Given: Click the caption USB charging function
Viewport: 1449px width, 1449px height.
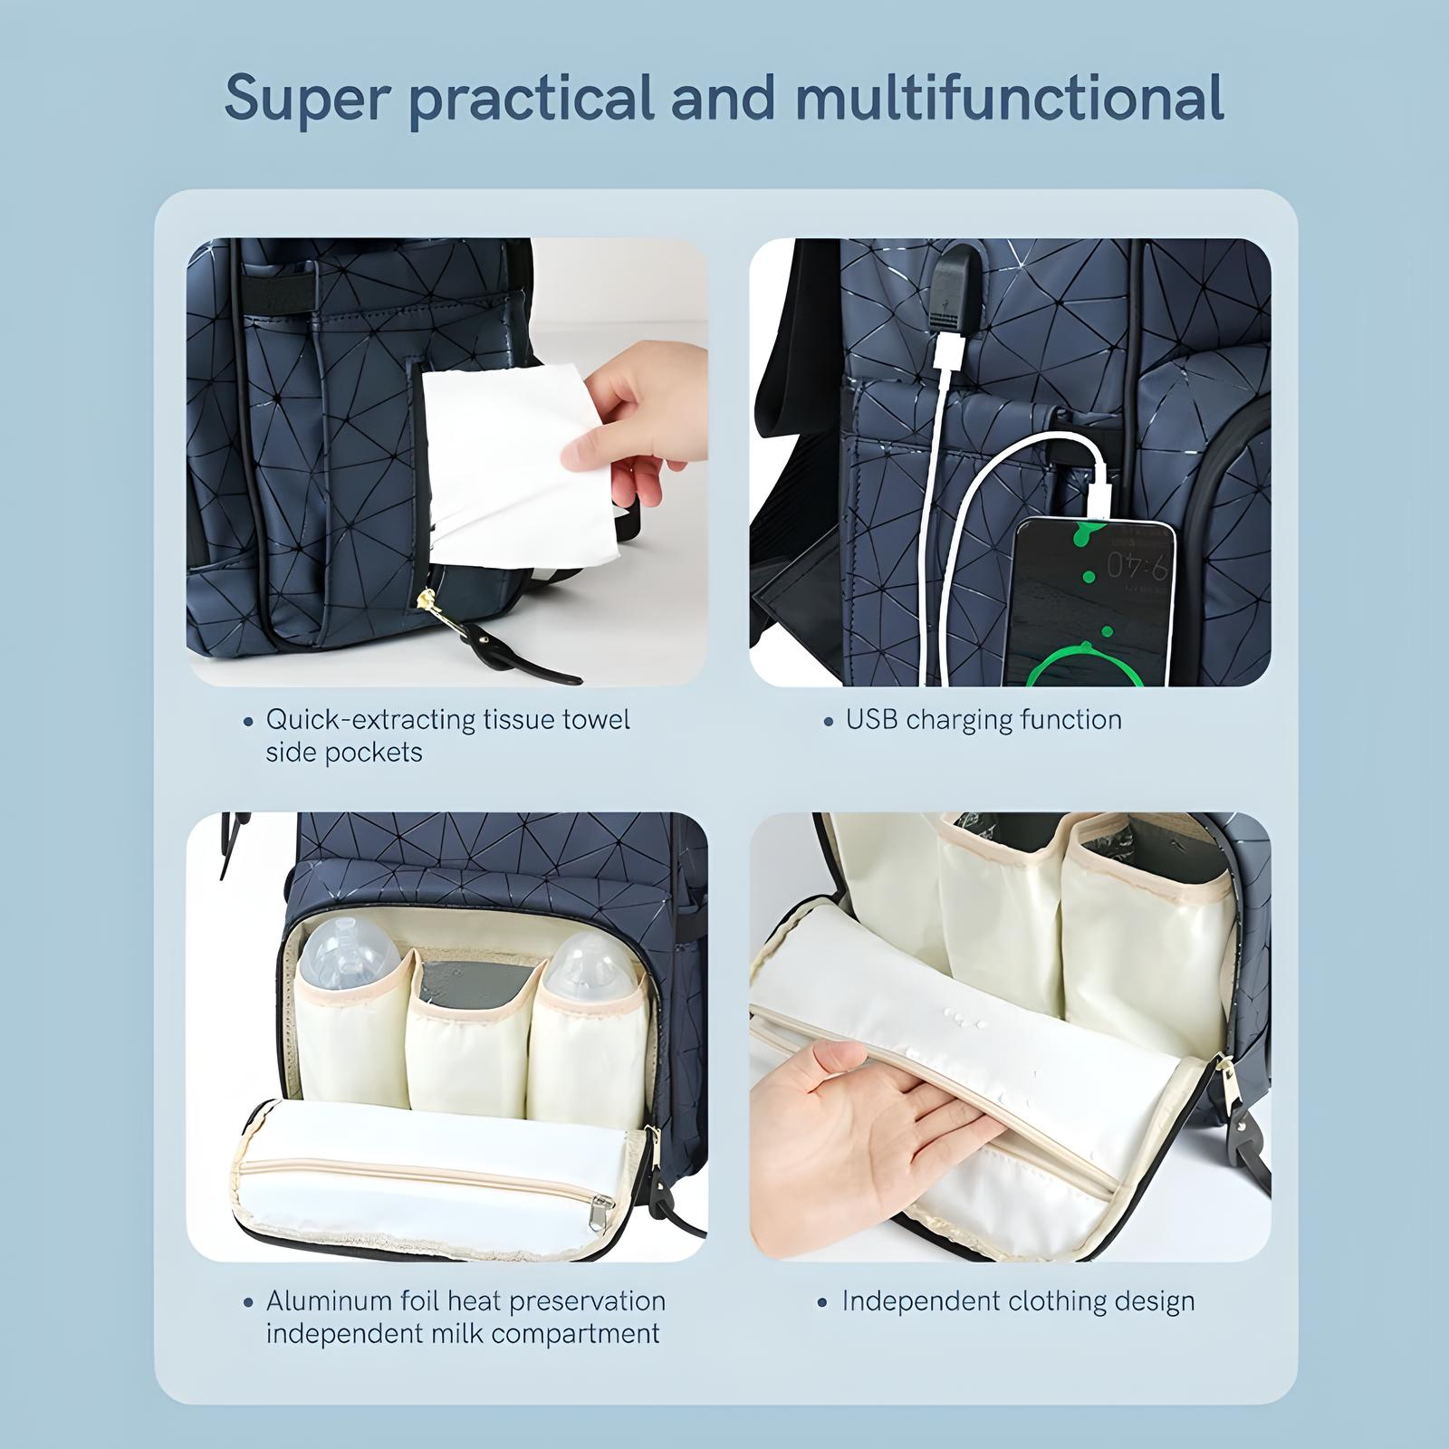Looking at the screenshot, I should point(984,720).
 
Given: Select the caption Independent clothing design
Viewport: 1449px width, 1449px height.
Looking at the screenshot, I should point(1018,1301).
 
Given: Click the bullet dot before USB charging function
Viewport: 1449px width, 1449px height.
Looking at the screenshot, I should point(828,722).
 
